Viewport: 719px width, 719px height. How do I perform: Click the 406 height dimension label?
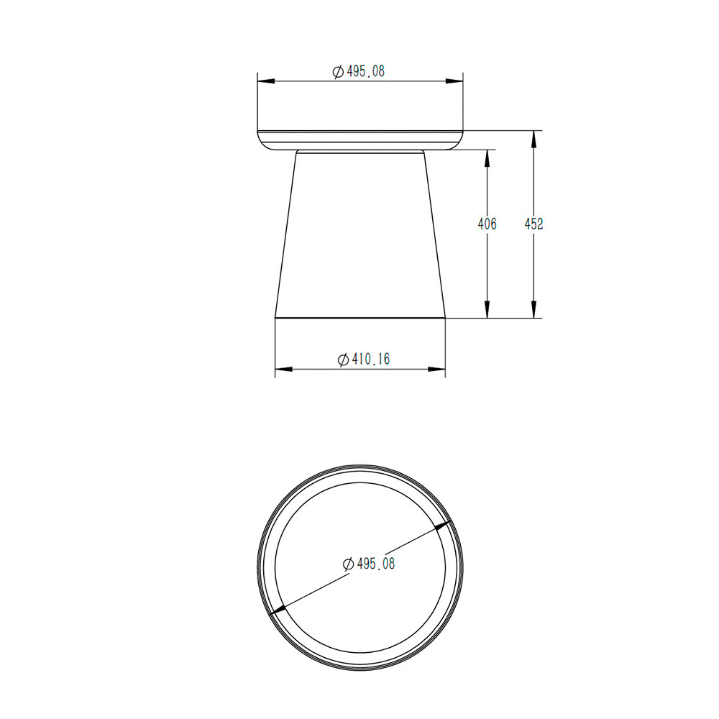[x=487, y=224]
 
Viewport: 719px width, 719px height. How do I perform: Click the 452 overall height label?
[x=533, y=224]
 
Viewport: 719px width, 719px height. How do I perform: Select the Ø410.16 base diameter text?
[x=364, y=359]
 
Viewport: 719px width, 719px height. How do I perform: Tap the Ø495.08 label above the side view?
[x=359, y=71]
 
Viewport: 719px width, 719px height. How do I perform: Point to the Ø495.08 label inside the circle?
[x=369, y=564]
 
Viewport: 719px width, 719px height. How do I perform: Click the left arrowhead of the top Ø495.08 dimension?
[x=266, y=81]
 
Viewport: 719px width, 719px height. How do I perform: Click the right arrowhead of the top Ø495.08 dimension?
[x=454, y=81]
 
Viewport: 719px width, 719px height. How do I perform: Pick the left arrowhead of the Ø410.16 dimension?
[x=284, y=369]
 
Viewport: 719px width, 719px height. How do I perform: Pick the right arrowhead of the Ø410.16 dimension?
[x=436, y=369]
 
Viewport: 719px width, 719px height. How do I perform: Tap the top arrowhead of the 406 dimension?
[x=487, y=158]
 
